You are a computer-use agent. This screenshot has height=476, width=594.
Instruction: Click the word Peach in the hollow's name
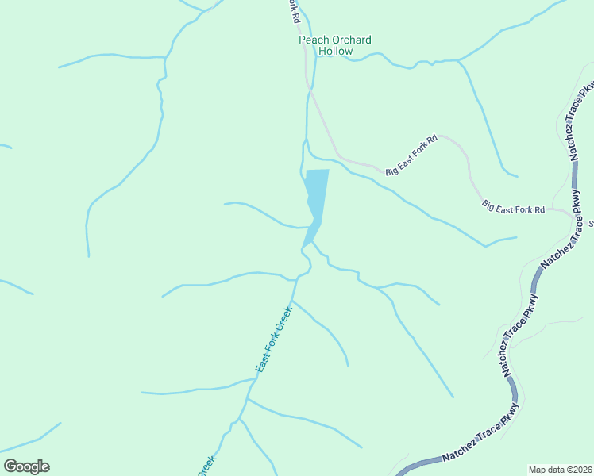click(x=312, y=40)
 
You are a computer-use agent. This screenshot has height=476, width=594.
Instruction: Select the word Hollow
click(x=335, y=51)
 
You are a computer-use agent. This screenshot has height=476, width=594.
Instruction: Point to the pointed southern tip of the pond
click(x=304, y=244)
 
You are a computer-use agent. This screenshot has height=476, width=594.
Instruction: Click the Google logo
click(x=26, y=466)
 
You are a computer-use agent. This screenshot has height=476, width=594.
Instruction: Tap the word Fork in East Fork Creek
click(x=272, y=343)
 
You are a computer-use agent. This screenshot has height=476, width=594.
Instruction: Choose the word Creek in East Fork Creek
click(x=284, y=320)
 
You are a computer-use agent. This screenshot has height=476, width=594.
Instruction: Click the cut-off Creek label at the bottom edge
click(x=205, y=466)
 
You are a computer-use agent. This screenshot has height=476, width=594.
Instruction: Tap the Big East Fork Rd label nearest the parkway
click(x=513, y=208)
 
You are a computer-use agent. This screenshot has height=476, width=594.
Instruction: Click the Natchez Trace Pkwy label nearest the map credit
click(x=480, y=440)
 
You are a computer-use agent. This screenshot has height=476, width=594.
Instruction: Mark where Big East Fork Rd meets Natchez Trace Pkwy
click(x=571, y=213)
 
